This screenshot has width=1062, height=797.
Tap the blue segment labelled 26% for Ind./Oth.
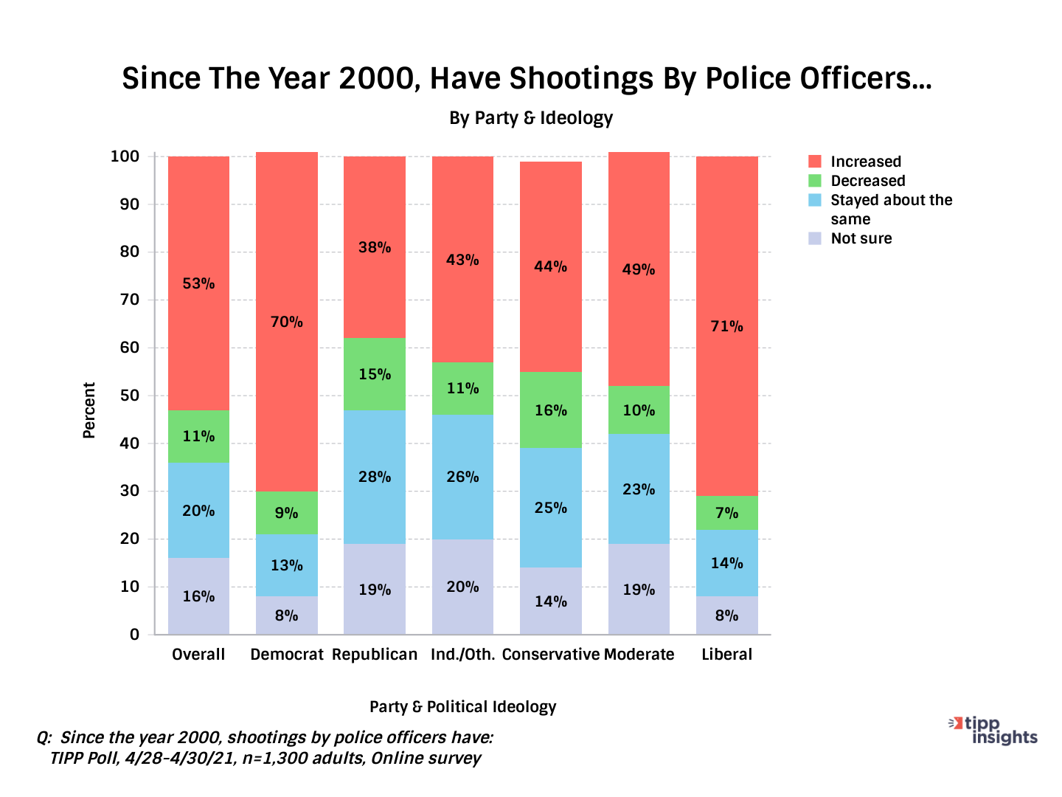(462, 477)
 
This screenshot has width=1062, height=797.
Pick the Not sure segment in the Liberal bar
(726, 615)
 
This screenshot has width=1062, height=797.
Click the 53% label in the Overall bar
(198, 283)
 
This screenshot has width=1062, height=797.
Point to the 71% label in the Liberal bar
(726, 326)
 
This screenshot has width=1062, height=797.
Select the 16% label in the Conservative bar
(551, 410)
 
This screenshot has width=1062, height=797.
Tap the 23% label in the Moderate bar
(639, 489)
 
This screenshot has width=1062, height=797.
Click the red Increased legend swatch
(815, 162)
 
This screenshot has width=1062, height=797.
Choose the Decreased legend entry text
(867, 181)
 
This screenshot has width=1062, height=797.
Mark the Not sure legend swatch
(815, 238)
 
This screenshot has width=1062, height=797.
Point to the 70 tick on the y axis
(130, 300)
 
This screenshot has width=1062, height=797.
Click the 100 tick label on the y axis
(125, 156)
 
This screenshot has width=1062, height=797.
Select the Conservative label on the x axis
(551, 655)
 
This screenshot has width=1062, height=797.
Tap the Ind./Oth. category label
(462, 655)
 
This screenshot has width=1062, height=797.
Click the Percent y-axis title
(89, 410)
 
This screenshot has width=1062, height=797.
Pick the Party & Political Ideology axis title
(462, 707)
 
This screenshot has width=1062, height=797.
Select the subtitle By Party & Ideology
(531, 118)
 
